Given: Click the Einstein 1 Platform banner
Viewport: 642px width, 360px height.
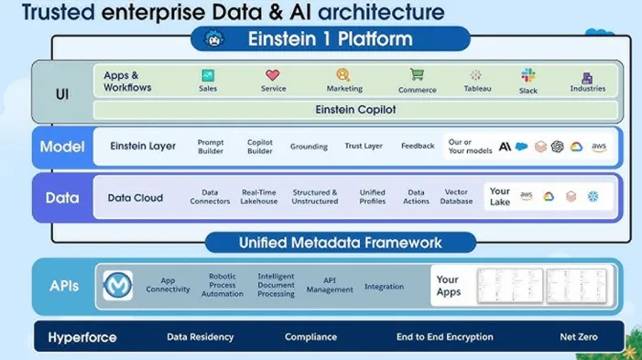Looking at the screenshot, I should [330, 39].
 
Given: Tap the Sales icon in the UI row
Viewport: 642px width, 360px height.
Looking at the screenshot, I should [208, 75].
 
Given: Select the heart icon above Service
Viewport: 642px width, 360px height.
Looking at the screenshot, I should [272, 75].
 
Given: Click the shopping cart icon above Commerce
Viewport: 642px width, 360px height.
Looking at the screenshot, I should [417, 75].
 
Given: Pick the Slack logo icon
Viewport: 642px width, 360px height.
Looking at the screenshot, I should [528, 75].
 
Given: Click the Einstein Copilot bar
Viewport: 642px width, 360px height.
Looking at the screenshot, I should [354, 109].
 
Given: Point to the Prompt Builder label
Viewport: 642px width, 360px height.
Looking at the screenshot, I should [211, 147].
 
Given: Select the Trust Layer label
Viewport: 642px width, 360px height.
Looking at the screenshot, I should [364, 147].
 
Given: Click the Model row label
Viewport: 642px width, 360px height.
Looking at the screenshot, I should [62, 147].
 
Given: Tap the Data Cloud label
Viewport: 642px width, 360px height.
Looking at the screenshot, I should [136, 198].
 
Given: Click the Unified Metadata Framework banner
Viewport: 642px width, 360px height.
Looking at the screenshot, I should [340, 243].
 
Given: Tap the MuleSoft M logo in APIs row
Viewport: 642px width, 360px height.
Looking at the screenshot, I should [118, 285].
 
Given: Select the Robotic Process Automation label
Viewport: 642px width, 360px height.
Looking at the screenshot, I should [223, 285].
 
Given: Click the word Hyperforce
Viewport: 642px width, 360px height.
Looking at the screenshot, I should [82, 337].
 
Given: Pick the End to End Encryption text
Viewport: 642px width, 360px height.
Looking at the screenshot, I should [445, 337].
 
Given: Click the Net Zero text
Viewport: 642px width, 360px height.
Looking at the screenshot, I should [579, 337].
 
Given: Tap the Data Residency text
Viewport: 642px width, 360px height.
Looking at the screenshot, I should [200, 337].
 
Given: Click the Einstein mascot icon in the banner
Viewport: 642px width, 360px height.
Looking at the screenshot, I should [214, 39].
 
